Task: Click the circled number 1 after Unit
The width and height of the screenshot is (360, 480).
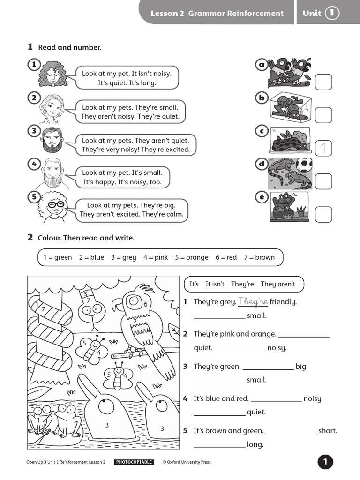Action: point(332,13)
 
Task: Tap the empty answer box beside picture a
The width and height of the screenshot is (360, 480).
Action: point(323,82)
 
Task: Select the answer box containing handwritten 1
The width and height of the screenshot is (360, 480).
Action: point(323,148)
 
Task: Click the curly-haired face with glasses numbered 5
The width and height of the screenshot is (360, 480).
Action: point(54,205)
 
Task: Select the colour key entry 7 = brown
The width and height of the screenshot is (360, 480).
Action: point(259,257)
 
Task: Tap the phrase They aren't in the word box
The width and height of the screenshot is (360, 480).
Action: point(278,284)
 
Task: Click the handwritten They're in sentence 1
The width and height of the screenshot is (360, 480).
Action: point(253,301)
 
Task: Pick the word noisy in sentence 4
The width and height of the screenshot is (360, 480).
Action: point(313,398)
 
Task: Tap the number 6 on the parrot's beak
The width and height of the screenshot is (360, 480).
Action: point(146,304)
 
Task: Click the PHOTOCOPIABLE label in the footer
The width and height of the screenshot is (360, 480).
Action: point(134,462)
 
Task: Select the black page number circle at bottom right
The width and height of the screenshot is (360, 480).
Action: point(325,462)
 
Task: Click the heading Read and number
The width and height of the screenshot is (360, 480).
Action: point(70,47)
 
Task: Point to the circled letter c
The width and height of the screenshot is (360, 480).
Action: point(261,131)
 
